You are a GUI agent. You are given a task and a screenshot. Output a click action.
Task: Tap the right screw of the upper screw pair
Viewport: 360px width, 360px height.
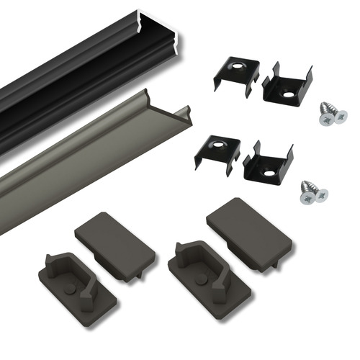point(337,114)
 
